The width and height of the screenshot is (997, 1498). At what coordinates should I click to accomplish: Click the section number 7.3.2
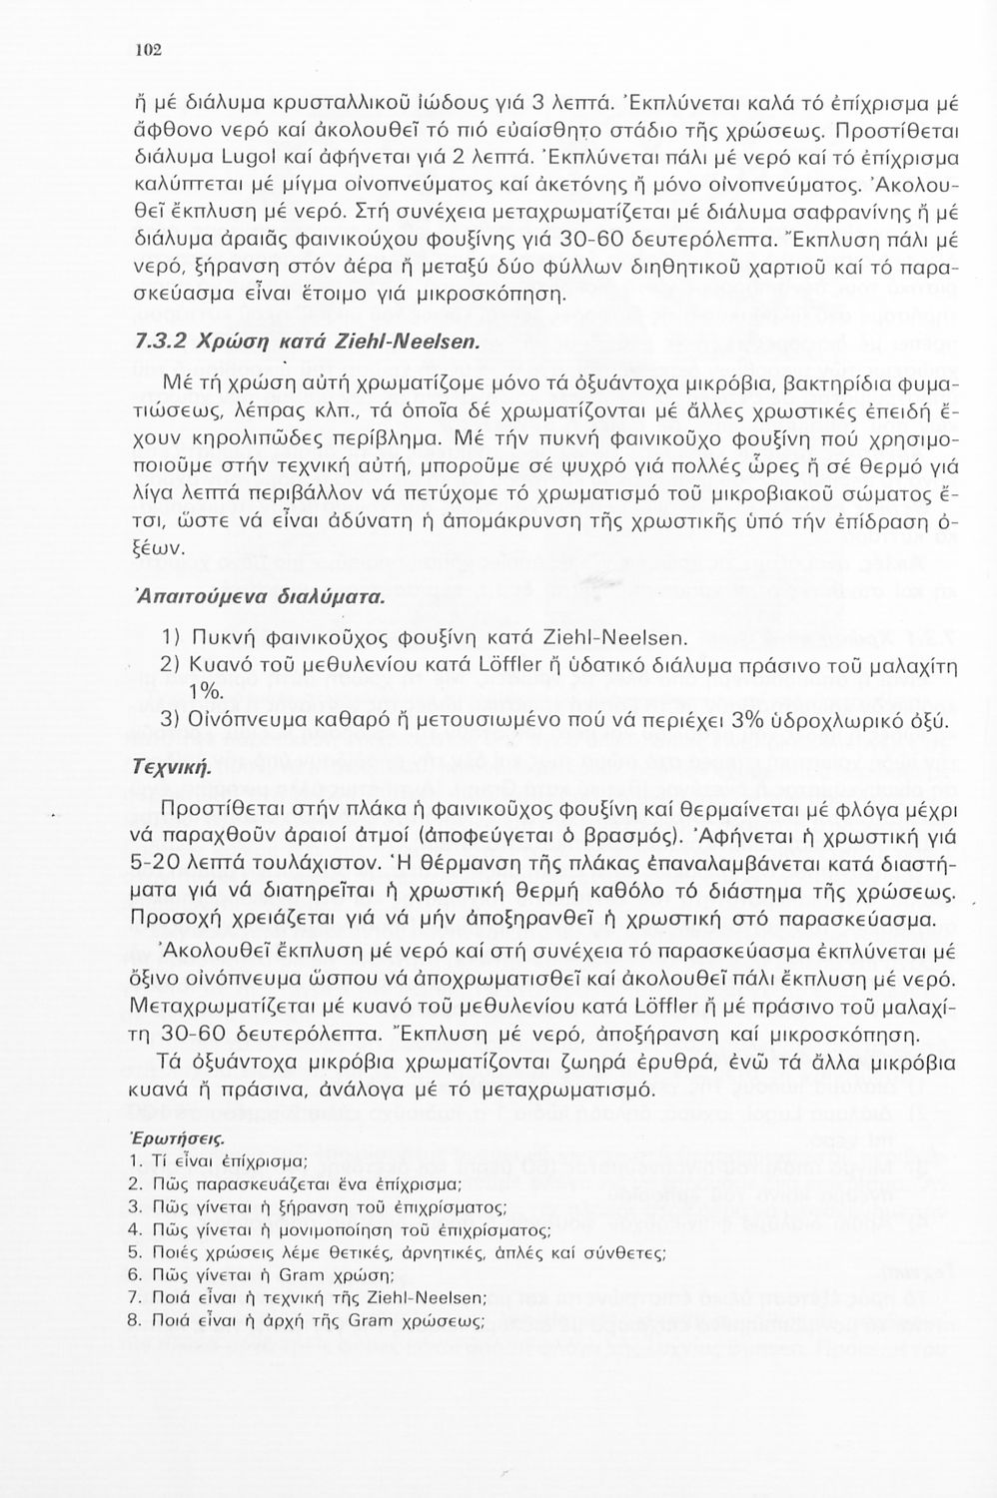point(157,342)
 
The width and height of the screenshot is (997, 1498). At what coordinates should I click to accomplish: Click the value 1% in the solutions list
point(207,690)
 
